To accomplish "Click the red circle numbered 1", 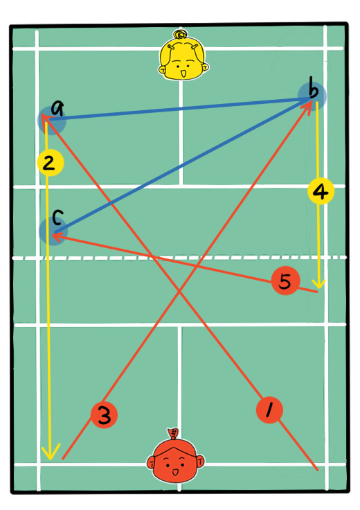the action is [269, 410].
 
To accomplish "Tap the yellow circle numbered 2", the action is [50, 163].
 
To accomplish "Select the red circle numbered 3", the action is [104, 414].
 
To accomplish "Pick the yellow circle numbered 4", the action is [321, 191].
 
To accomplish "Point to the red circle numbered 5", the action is [285, 281].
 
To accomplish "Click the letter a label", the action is [58, 108].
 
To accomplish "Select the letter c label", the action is [57, 218].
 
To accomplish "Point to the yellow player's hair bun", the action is [180, 34].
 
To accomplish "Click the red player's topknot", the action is [174, 434].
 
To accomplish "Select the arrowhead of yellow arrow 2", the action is [51, 452].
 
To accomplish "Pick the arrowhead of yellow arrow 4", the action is [319, 282].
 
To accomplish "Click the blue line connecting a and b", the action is [178, 109].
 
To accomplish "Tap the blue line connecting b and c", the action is [182, 166].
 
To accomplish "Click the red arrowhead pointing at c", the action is [57, 237].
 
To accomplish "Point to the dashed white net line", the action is [179, 258].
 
